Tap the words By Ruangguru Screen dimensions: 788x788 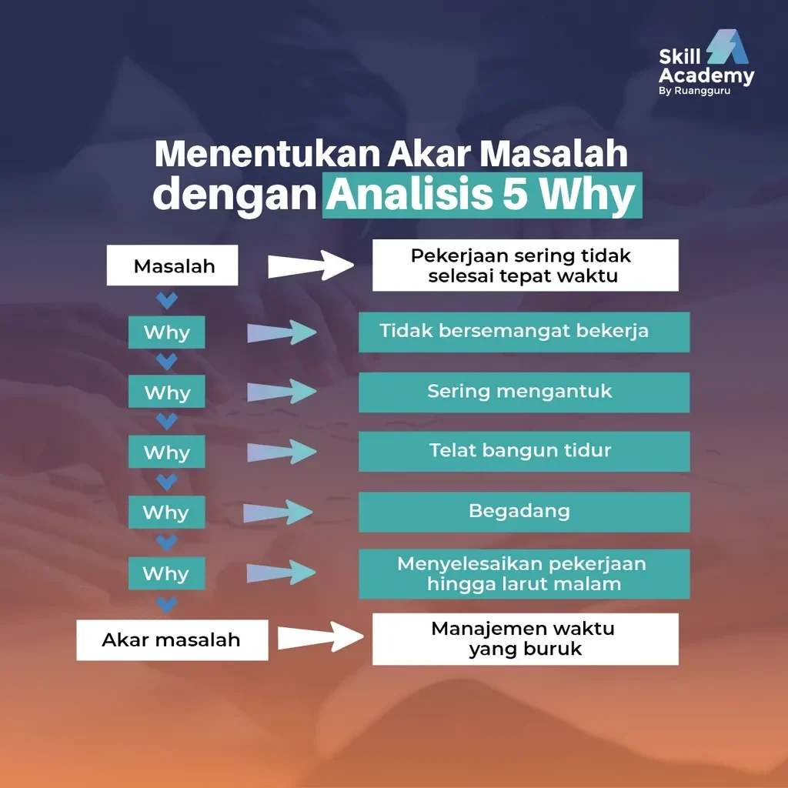(695, 91)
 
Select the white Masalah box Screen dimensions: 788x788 (172, 266)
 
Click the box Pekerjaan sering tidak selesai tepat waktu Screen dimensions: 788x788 (525, 265)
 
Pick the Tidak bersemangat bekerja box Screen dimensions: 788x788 (524, 332)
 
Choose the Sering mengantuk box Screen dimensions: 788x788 (524, 392)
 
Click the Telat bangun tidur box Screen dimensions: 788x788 (524, 451)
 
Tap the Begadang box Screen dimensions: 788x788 (524, 512)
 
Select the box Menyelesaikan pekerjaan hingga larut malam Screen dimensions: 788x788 (524, 574)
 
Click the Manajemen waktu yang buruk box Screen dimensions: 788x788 (525, 639)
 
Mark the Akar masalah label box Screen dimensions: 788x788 (172, 639)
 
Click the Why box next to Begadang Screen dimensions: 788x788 (166, 513)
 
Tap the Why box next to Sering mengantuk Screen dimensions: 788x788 (166, 392)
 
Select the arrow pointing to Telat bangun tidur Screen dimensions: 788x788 (282, 452)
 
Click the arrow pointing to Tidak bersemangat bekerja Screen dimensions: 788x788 (282, 332)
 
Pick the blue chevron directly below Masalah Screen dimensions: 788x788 (166, 299)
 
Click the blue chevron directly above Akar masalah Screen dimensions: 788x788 (166, 603)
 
